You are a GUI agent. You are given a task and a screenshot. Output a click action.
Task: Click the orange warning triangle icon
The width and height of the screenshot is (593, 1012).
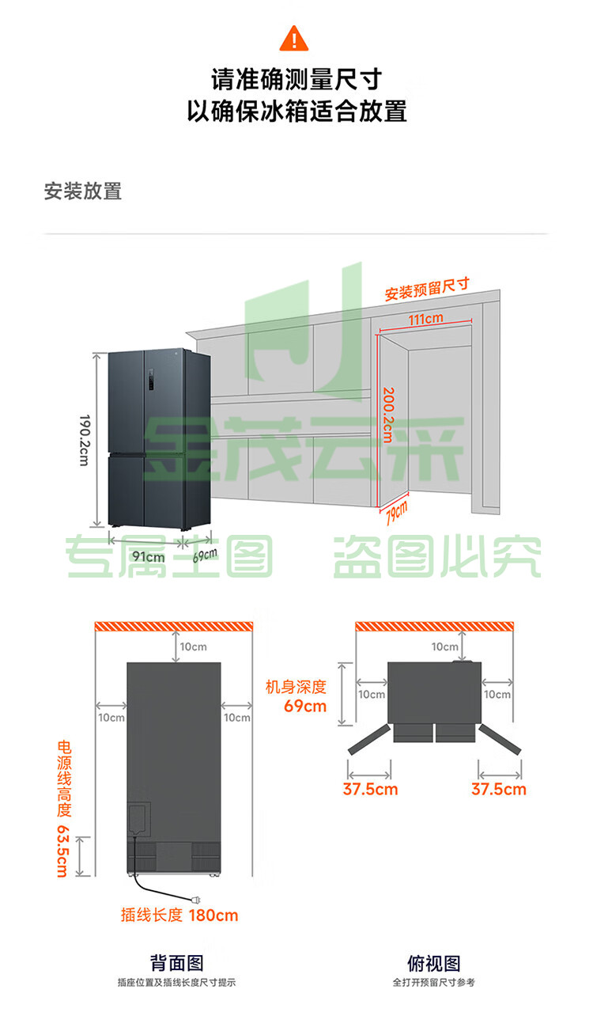click(x=294, y=39)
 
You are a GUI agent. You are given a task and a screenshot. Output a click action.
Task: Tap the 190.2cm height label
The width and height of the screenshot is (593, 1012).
click(x=85, y=440)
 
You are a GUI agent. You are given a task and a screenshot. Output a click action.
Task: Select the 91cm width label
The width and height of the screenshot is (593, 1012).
click(x=149, y=556)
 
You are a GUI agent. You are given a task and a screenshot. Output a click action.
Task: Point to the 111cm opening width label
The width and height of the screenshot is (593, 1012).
click(x=425, y=319)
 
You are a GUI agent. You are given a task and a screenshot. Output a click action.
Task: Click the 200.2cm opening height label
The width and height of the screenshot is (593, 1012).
click(x=388, y=415)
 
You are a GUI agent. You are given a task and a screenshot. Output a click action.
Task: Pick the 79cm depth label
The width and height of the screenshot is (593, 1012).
click(x=397, y=513)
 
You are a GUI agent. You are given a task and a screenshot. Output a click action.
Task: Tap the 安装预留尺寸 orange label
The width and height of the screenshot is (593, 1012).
click(x=427, y=289)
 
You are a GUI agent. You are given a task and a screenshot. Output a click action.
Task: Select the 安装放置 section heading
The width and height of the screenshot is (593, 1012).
click(x=83, y=191)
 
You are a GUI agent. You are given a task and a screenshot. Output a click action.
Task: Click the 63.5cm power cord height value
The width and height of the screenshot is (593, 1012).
click(x=63, y=851)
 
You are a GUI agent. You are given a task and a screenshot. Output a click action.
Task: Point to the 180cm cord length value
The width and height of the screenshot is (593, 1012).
click(x=213, y=915)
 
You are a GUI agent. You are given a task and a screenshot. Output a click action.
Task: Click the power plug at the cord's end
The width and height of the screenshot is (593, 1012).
click(x=196, y=900)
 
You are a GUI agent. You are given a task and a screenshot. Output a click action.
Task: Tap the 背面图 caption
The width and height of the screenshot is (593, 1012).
click(x=176, y=963)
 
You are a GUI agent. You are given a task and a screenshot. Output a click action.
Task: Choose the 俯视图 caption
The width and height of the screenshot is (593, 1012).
click(x=434, y=963)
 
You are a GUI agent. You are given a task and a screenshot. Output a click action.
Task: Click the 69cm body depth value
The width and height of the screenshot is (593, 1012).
click(x=305, y=706)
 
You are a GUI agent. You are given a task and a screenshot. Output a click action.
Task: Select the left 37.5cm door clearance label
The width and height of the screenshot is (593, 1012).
click(x=370, y=789)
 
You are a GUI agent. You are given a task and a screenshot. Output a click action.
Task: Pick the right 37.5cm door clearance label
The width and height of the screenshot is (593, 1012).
click(x=499, y=789)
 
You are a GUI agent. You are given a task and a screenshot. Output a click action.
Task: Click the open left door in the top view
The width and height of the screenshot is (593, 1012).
click(x=369, y=739)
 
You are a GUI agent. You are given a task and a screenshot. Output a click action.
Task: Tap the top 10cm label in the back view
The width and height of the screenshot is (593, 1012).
click(x=193, y=646)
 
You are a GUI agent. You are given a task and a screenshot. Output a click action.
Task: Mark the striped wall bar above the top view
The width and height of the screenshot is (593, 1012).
click(x=434, y=626)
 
